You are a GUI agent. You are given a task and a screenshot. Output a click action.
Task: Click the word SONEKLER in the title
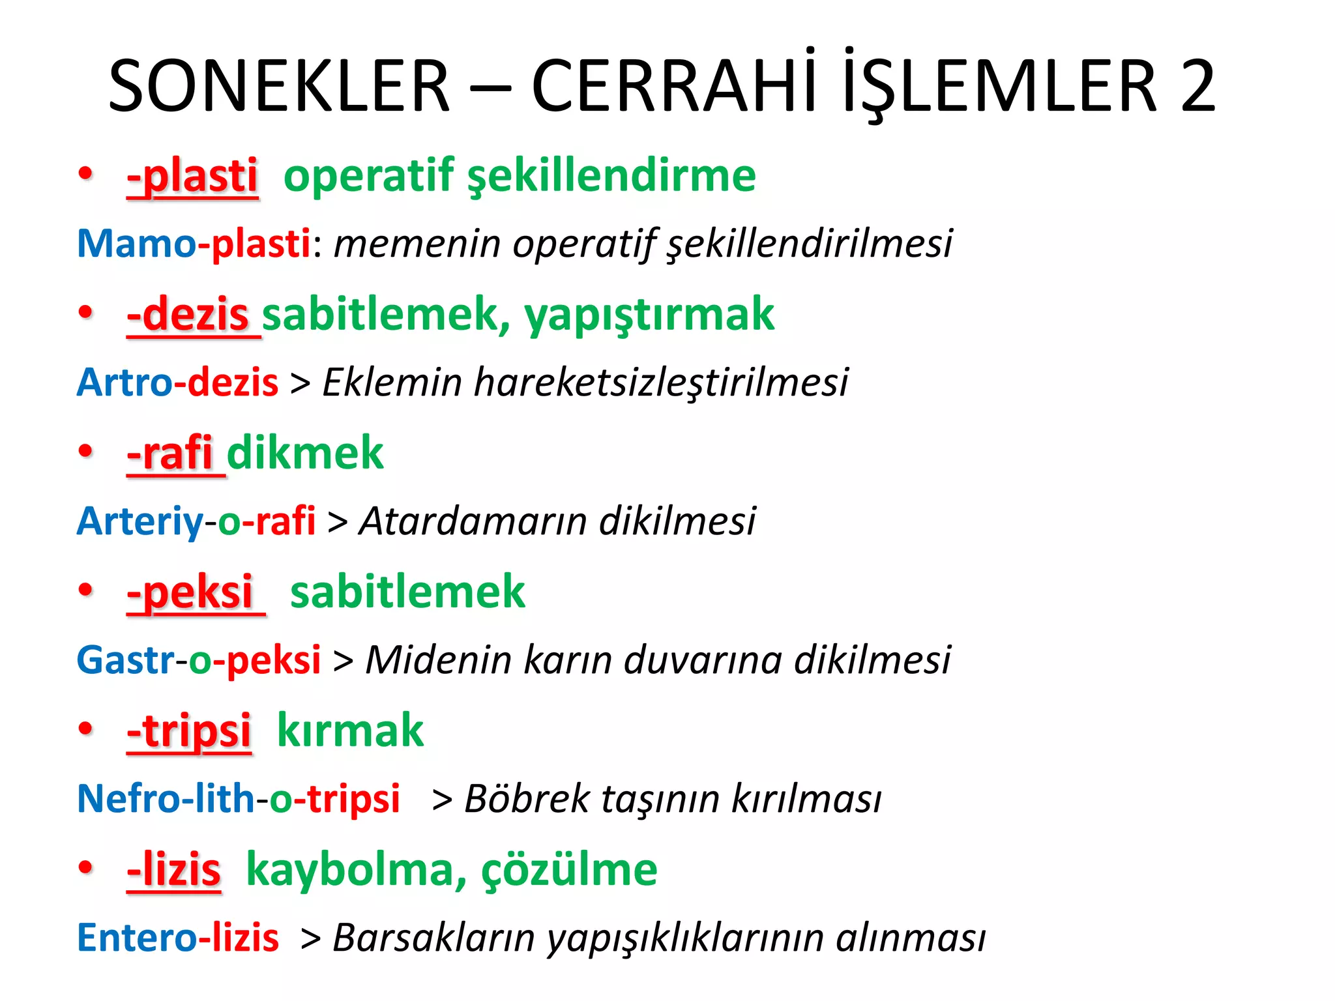(x=279, y=87)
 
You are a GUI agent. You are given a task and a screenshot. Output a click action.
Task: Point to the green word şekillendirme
(x=612, y=177)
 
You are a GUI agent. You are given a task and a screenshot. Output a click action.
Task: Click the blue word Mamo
(x=136, y=244)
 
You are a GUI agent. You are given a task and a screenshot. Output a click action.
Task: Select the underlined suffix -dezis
(x=188, y=315)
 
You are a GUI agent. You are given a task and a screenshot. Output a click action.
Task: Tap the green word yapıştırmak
(x=649, y=316)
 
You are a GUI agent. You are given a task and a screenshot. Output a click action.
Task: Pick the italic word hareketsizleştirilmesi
(x=661, y=383)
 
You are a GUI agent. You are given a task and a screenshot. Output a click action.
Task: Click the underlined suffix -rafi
(x=171, y=454)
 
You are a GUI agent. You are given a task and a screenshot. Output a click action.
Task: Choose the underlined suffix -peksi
(x=190, y=592)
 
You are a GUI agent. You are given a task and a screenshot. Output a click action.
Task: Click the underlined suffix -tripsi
(x=189, y=731)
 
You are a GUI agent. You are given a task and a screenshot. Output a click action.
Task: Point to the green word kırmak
(x=350, y=731)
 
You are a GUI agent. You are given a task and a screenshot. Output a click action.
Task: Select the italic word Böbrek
(x=527, y=799)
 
